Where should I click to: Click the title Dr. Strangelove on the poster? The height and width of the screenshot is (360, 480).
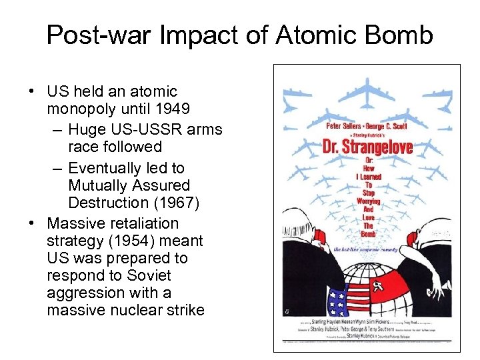(x=368, y=146)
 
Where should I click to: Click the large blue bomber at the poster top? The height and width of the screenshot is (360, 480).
(x=368, y=89)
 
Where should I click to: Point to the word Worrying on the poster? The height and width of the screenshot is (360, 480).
(x=368, y=201)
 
